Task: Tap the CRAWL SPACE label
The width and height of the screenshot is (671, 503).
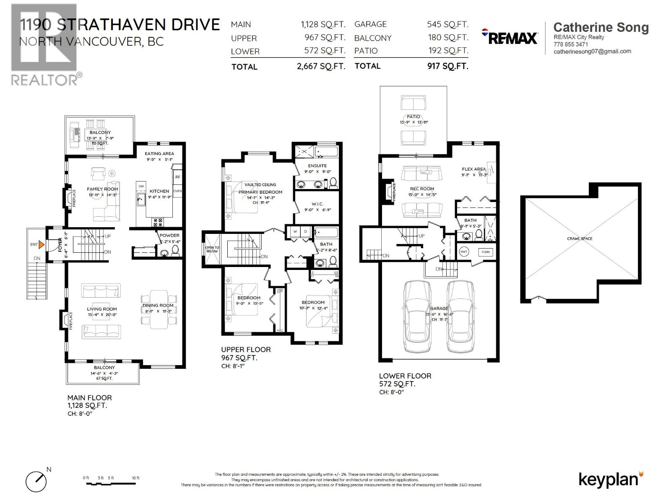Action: click(580, 239)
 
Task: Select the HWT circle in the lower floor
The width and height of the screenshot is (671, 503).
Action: click(464, 251)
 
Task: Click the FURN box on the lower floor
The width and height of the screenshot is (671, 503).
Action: click(485, 252)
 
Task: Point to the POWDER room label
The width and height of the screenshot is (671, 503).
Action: click(169, 236)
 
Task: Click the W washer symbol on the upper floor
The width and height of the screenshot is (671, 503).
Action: click(295, 231)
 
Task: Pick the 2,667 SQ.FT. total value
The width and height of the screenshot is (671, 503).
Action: click(321, 66)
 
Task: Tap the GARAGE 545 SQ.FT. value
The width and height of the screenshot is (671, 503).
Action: click(447, 24)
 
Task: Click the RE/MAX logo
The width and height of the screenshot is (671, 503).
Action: click(510, 37)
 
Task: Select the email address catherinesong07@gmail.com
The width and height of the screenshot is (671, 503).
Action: click(592, 52)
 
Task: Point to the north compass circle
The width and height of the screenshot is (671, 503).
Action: click(36, 482)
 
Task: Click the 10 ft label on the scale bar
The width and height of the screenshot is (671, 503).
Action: click(135, 478)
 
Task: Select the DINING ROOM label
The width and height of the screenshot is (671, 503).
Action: click(158, 306)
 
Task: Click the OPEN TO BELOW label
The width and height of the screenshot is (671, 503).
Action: click(212, 249)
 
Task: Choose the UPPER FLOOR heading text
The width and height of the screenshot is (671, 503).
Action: click(246, 350)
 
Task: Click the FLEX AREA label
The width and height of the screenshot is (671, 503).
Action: click(473, 169)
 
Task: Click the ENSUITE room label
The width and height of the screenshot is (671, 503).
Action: click(317, 166)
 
